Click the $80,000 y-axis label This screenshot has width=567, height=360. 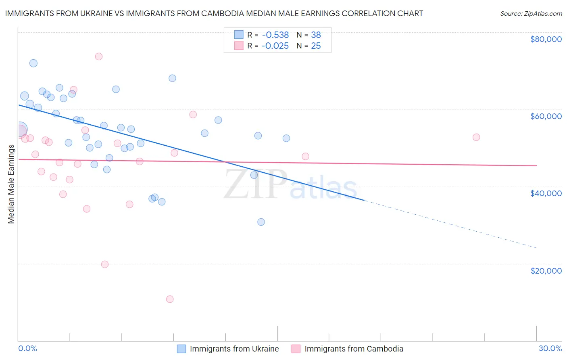click(x=546, y=39)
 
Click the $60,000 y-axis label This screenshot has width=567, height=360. click(x=546, y=116)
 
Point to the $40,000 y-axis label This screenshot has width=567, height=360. click(x=546, y=193)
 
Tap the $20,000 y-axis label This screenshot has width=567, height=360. click(x=546, y=270)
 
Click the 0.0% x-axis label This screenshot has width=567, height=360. click(x=27, y=348)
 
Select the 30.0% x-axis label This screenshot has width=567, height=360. click(x=550, y=348)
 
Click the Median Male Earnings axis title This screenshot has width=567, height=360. click(x=11, y=184)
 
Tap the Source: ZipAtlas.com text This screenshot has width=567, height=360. click(x=531, y=13)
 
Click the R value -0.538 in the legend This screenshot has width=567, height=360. click(x=275, y=35)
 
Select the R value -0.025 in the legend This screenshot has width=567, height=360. click(x=275, y=46)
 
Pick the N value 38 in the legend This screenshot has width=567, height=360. click(x=316, y=35)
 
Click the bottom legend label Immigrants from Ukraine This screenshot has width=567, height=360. click(x=234, y=349)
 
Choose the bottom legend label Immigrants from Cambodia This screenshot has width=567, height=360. click(x=354, y=349)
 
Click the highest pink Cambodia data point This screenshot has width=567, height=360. click(x=99, y=57)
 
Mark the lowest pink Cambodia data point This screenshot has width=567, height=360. click(x=170, y=299)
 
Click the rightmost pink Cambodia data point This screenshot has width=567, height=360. click(x=476, y=137)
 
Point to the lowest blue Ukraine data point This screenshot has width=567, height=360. click(x=261, y=222)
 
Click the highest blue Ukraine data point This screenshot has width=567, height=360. click(x=33, y=63)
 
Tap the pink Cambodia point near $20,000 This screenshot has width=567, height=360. click(x=105, y=264)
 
